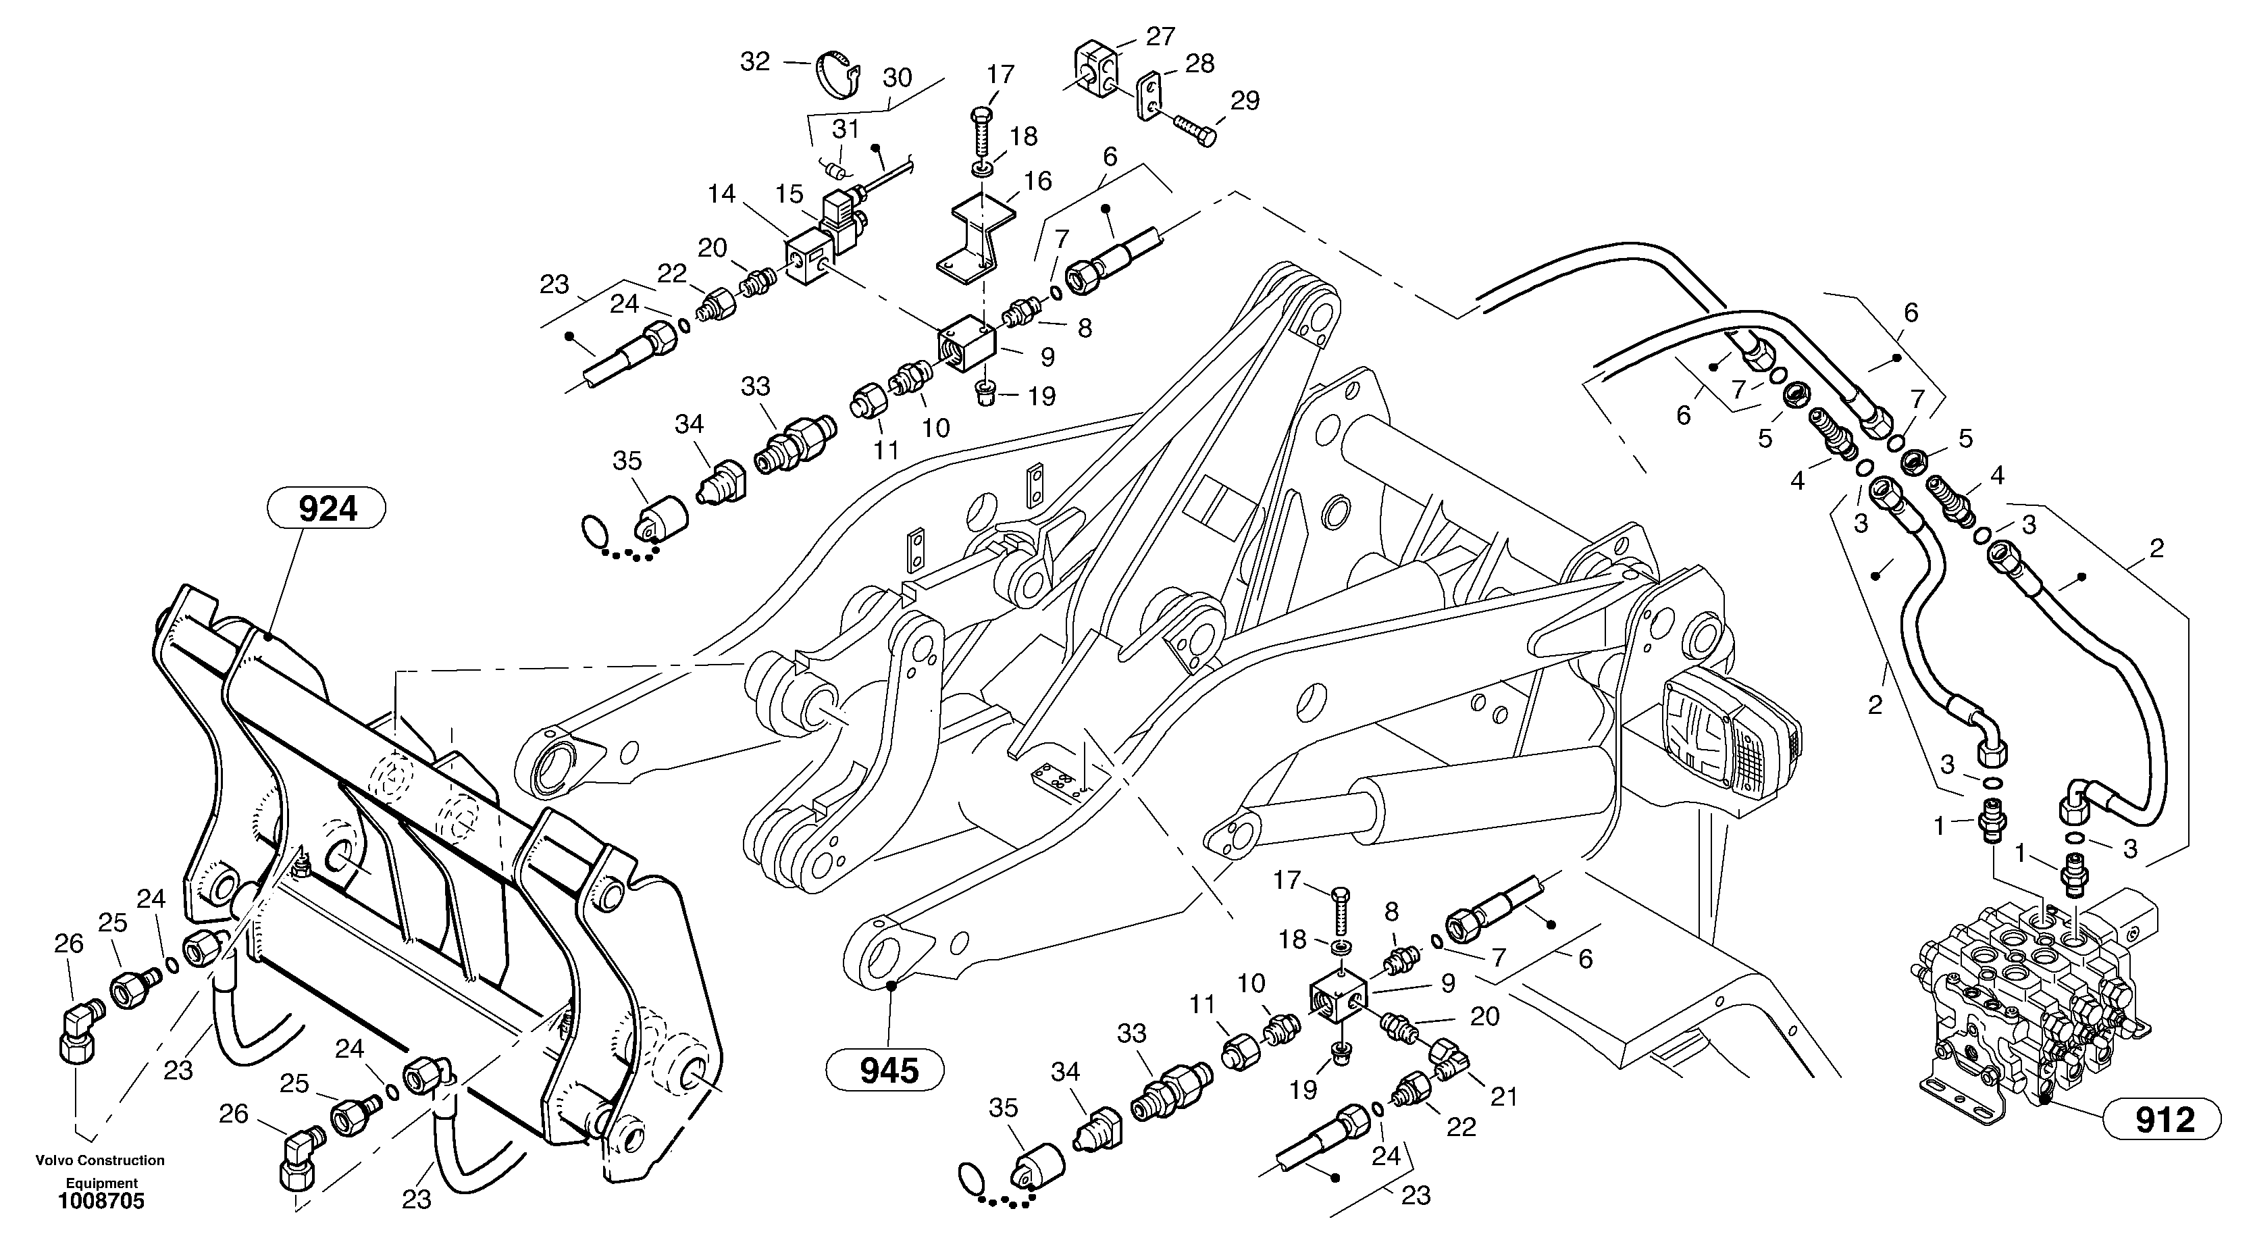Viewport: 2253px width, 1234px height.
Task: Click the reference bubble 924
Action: [328, 508]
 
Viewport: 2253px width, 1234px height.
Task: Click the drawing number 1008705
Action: [101, 1201]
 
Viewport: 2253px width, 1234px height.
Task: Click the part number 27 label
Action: [1161, 36]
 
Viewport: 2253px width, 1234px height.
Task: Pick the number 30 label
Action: [898, 78]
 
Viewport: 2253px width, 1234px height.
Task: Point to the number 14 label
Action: [721, 193]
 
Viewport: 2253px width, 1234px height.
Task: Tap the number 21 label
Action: [1503, 1095]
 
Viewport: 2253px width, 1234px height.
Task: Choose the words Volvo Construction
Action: [100, 1160]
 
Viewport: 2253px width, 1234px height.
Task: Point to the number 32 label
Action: [755, 61]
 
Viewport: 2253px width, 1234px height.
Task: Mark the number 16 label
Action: [1038, 181]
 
